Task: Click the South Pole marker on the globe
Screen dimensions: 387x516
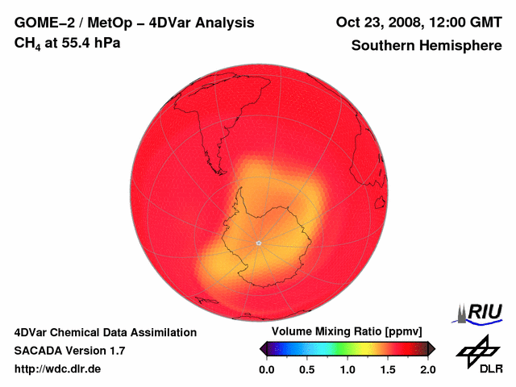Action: [258, 243]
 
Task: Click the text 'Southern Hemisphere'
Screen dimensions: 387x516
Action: [426, 46]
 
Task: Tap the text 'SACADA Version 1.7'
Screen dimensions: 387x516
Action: [69, 351]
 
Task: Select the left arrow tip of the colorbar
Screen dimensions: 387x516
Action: [262, 348]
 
